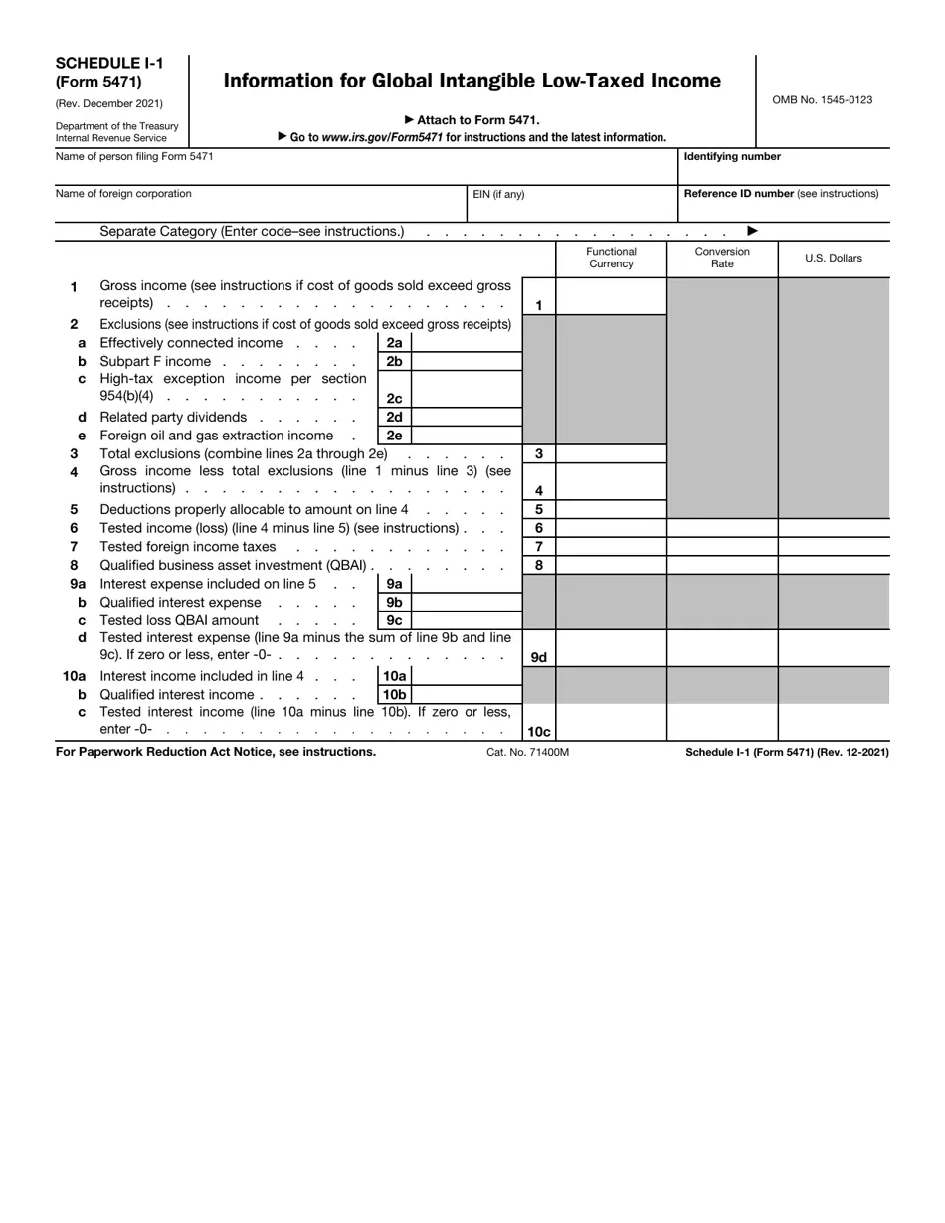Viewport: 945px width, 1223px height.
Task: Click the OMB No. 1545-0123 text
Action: [x=823, y=100]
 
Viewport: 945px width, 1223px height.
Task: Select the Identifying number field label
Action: [x=732, y=157]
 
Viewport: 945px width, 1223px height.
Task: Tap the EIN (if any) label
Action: [x=498, y=195]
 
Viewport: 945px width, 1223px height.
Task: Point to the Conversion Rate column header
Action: [x=722, y=259]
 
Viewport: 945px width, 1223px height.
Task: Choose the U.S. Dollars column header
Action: [x=834, y=259]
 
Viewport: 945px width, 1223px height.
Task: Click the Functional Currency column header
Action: [x=611, y=259]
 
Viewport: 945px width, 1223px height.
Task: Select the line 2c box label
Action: [x=394, y=398]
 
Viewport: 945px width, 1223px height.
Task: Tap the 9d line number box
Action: [x=539, y=657]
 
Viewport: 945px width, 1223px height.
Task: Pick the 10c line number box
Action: [x=539, y=732]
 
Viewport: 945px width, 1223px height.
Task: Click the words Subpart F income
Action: [x=155, y=362]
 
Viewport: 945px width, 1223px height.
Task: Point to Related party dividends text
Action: [x=173, y=418]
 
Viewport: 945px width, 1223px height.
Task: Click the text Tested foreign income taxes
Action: [x=188, y=547]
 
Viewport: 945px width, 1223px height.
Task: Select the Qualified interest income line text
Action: [x=177, y=695]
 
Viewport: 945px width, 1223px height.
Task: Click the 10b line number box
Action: [x=394, y=695]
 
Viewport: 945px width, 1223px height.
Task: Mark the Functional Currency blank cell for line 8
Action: [x=611, y=566]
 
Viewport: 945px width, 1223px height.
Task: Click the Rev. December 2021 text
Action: [x=109, y=104]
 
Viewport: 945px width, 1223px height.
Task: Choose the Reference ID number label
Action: [x=781, y=195]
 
